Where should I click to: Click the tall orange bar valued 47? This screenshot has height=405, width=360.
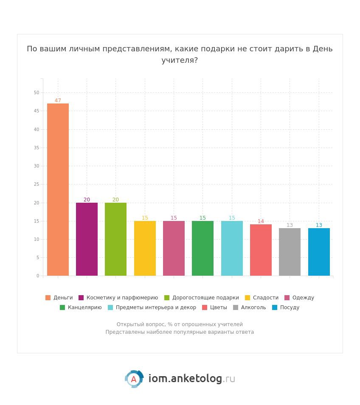point(58,190)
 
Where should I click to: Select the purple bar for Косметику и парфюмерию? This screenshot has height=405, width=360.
point(87,239)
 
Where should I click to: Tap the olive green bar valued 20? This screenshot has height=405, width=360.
point(115,239)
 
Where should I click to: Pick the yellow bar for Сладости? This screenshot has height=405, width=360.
point(145,248)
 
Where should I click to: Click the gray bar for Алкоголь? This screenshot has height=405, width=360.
point(290,252)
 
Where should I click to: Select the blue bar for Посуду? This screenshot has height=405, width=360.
point(319,252)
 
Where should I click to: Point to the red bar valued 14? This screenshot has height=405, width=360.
point(261,250)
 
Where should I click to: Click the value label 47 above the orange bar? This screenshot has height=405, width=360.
point(58,101)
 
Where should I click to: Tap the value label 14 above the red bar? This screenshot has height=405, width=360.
point(261,221)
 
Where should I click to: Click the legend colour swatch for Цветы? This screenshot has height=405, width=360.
point(205,307)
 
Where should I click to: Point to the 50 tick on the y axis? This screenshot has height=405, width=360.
point(37,93)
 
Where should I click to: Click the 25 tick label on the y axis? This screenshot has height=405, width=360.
point(37,184)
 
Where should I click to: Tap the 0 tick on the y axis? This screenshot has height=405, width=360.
point(38,276)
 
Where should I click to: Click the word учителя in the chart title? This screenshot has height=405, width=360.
point(180,60)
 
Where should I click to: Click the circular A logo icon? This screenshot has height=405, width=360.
point(134,379)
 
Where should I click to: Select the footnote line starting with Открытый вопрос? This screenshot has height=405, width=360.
point(180,324)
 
